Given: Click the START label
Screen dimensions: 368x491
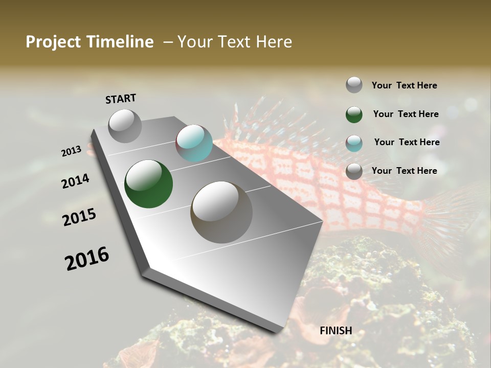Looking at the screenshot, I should click(x=121, y=99).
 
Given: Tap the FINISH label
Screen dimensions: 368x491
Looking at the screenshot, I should click(x=336, y=331).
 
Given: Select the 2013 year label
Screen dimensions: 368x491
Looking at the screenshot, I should click(x=72, y=151).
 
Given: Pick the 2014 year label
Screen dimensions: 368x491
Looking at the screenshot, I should click(x=75, y=181).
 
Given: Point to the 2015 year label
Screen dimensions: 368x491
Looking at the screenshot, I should click(x=79, y=217).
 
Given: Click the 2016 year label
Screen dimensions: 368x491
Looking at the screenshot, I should click(x=87, y=259).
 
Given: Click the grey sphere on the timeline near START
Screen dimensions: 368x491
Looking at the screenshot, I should click(x=125, y=126).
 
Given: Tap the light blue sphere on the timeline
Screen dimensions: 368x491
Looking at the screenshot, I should click(x=194, y=143).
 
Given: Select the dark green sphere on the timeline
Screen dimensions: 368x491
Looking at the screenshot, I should click(x=148, y=184).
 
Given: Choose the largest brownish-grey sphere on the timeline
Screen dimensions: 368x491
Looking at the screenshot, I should click(x=221, y=212).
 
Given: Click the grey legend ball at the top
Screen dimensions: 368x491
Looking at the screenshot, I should click(x=354, y=85).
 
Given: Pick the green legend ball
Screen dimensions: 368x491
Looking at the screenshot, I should click(x=354, y=114).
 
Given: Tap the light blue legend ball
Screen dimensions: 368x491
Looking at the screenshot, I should click(x=354, y=143).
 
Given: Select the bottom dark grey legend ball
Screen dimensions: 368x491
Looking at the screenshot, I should click(x=354, y=171).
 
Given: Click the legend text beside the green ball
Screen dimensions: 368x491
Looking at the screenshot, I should click(x=406, y=114).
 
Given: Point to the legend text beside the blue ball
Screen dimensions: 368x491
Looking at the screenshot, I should click(x=407, y=142).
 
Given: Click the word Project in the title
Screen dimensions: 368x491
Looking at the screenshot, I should click(x=54, y=42).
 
